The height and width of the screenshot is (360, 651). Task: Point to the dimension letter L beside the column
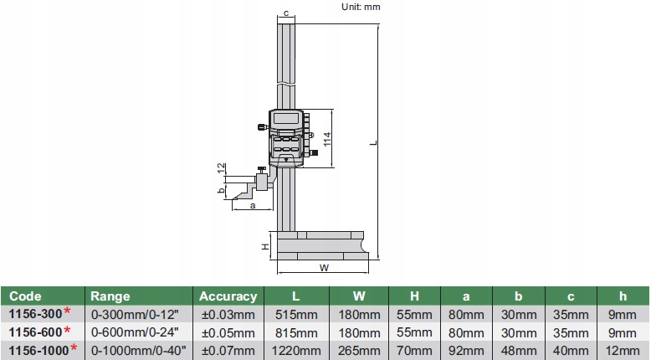[x=374, y=143]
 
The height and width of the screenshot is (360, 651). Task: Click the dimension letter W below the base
[x=323, y=268]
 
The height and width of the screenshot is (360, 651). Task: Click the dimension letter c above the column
[x=286, y=13]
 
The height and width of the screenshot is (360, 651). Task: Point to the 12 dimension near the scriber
[x=222, y=168]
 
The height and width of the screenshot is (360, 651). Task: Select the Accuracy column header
[x=227, y=296]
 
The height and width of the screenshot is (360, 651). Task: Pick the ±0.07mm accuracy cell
[x=228, y=350]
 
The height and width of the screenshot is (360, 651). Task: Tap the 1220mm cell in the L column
[x=296, y=350]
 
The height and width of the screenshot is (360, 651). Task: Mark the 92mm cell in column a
[x=466, y=350]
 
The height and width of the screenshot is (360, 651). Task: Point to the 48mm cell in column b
[x=518, y=350]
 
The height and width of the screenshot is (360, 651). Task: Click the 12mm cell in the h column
[x=623, y=350]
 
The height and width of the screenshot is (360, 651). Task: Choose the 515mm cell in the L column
[x=296, y=314]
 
